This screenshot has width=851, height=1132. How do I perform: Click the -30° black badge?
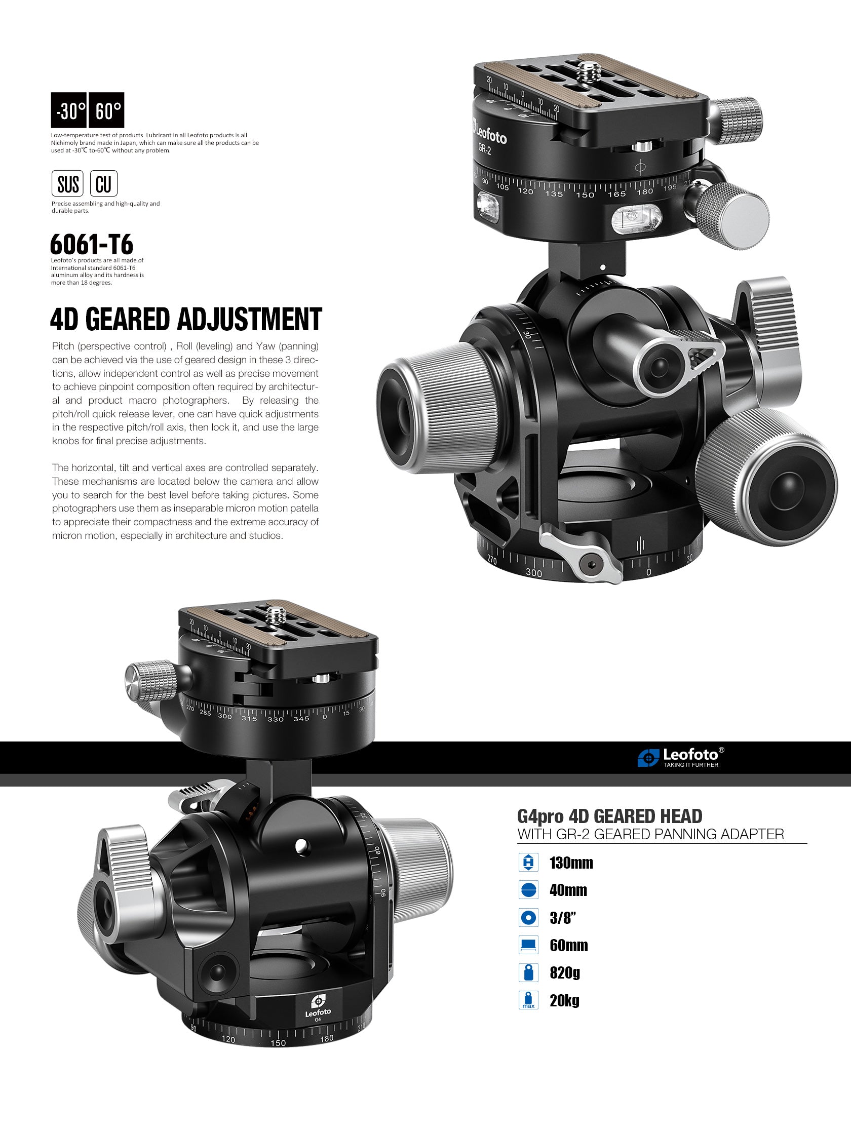(x=69, y=110)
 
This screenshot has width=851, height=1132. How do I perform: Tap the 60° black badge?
(x=107, y=110)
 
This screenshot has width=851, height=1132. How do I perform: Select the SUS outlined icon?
(x=67, y=184)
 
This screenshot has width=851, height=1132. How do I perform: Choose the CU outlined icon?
(x=104, y=184)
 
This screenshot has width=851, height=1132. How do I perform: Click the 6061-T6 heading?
(x=92, y=245)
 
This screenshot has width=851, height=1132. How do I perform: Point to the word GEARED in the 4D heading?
(x=127, y=319)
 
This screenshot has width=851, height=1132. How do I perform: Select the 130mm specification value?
(x=571, y=864)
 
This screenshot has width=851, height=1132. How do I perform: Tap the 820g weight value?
(x=565, y=972)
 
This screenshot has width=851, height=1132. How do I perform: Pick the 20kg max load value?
(x=564, y=1000)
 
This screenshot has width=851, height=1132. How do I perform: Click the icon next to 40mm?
(x=528, y=890)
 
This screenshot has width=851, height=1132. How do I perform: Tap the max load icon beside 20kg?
(x=528, y=1000)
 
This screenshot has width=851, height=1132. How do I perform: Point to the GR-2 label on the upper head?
(x=485, y=149)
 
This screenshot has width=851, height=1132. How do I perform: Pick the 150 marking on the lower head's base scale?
(x=278, y=1043)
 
